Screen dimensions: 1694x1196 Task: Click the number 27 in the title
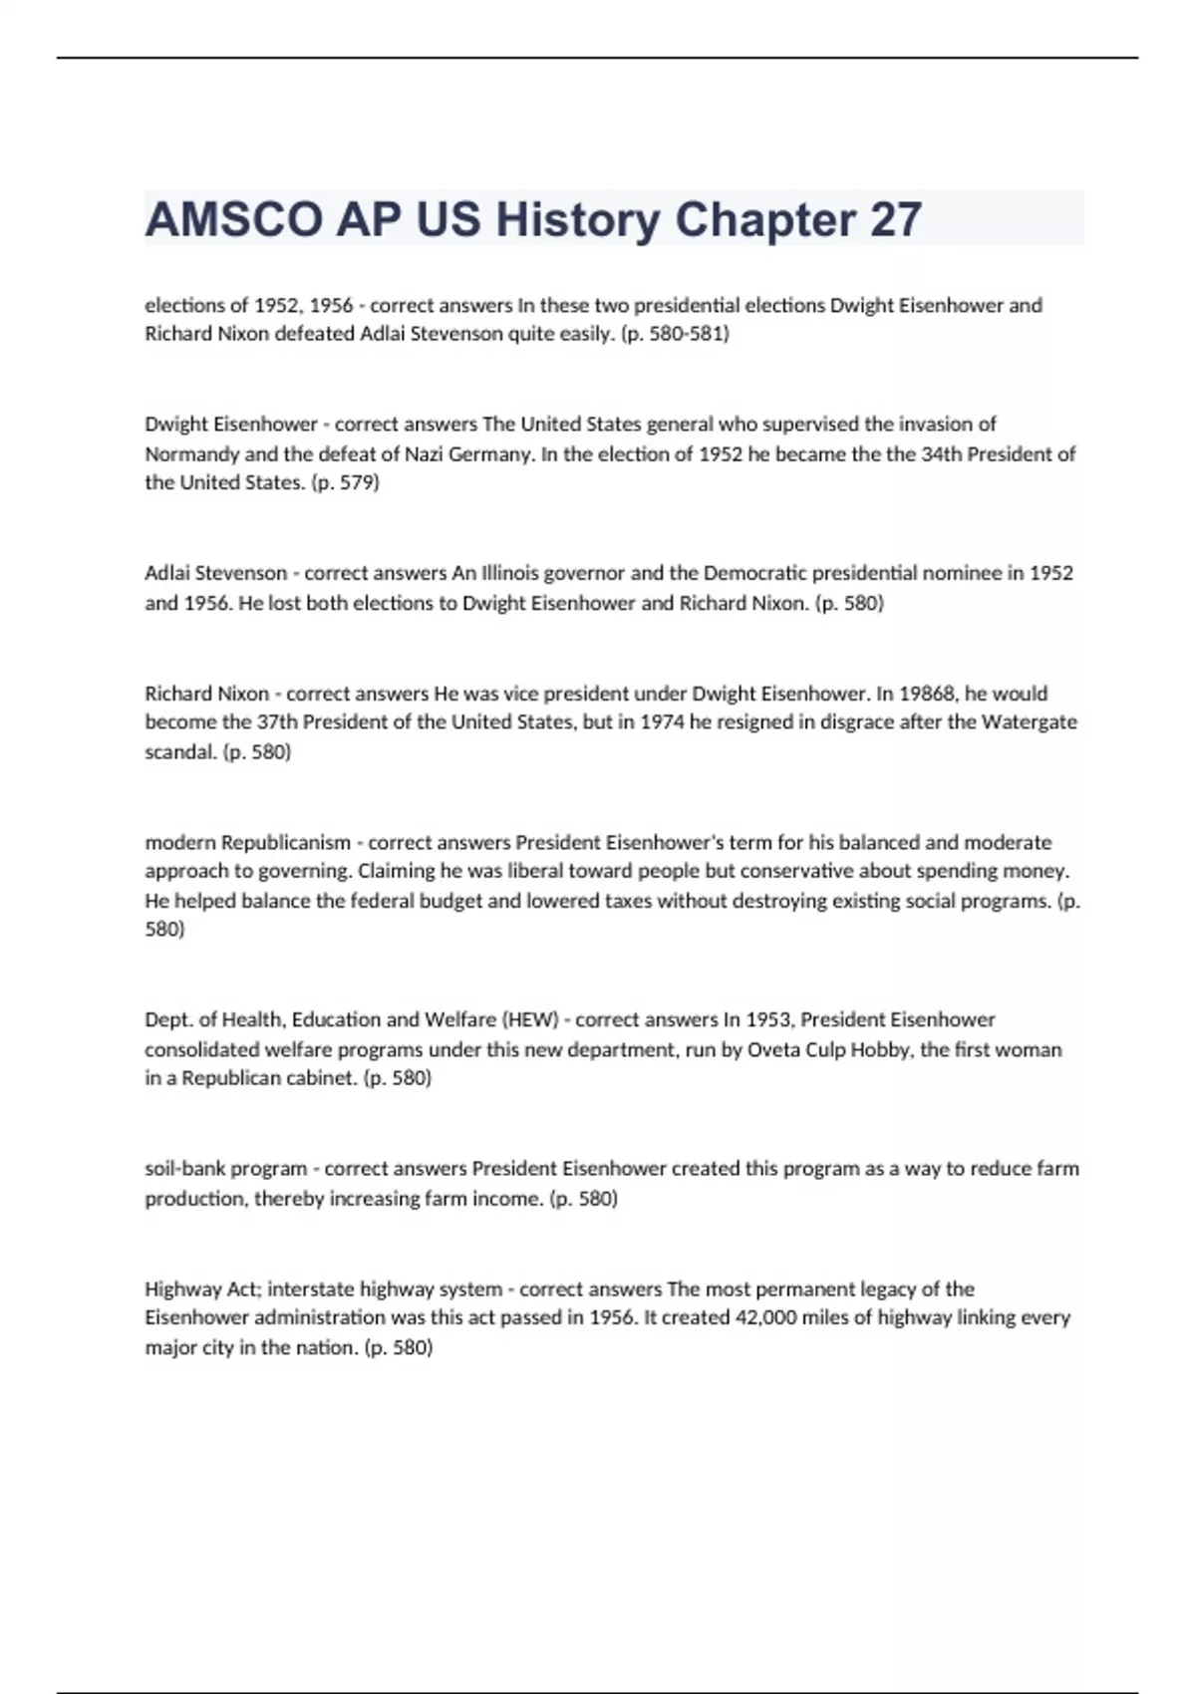[x=895, y=219]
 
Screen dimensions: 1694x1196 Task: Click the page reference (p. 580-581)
[x=675, y=334]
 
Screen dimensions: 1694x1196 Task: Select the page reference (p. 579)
[x=346, y=483]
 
